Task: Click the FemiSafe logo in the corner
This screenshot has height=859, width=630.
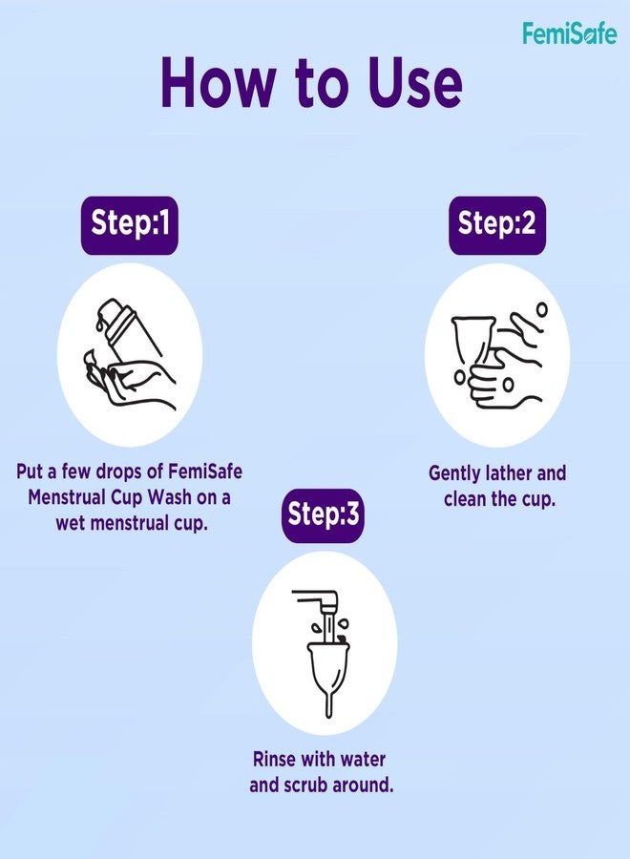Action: point(569,33)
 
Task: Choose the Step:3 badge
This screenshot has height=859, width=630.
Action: point(323,515)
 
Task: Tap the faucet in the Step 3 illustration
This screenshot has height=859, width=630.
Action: point(320,604)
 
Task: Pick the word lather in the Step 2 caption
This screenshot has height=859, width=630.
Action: point(518,473)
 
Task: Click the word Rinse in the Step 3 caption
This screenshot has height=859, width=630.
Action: point(276,761)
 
